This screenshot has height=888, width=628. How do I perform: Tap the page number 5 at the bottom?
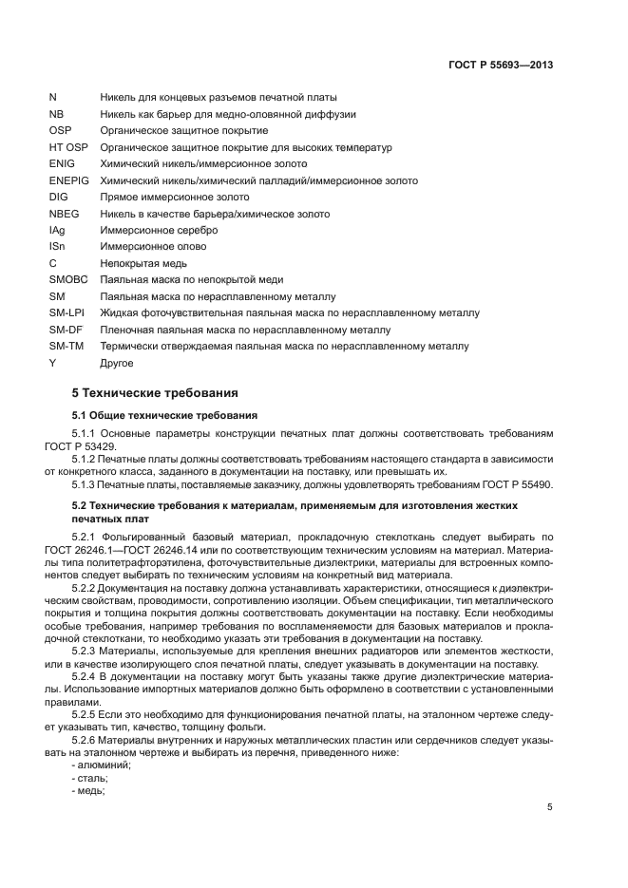coord(550,807)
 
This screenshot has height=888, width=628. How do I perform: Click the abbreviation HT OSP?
coord(67,147)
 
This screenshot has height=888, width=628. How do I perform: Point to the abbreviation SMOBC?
coord(67,279)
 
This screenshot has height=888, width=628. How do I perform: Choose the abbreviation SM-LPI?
coord(66,312)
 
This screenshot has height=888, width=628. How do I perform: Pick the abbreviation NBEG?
coord(63,214)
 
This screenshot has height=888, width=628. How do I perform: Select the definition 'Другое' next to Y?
coord(117,362)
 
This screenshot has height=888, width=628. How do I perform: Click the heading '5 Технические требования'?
coord(155,392)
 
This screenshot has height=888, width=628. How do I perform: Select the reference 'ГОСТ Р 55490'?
coord(521,485)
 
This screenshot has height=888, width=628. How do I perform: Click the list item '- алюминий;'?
coord(103,765)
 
